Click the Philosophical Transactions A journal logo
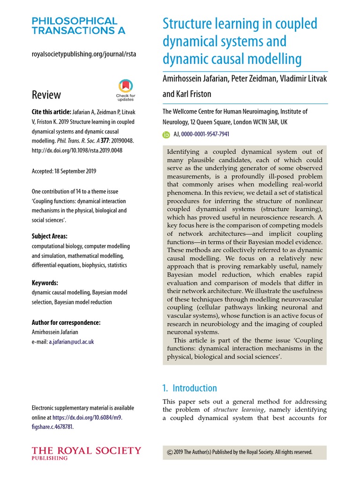click(x=75, y=26)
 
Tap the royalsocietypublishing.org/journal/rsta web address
click(x=84, y=54)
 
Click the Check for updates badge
click(x=125, y=90)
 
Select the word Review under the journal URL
click(x=46, y=95)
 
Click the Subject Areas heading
click(x=49, y=236)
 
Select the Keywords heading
click(x=45, y=283)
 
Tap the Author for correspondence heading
click(x=66, y=322)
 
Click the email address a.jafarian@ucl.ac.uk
click(x=71, y=342)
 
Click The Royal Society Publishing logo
click(x=86, y=453)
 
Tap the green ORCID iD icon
click(x=166, y=134)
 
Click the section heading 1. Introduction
click(x=189, y=388)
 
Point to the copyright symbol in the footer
click(x=170, y=452)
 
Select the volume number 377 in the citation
click(x=112, y=140)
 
